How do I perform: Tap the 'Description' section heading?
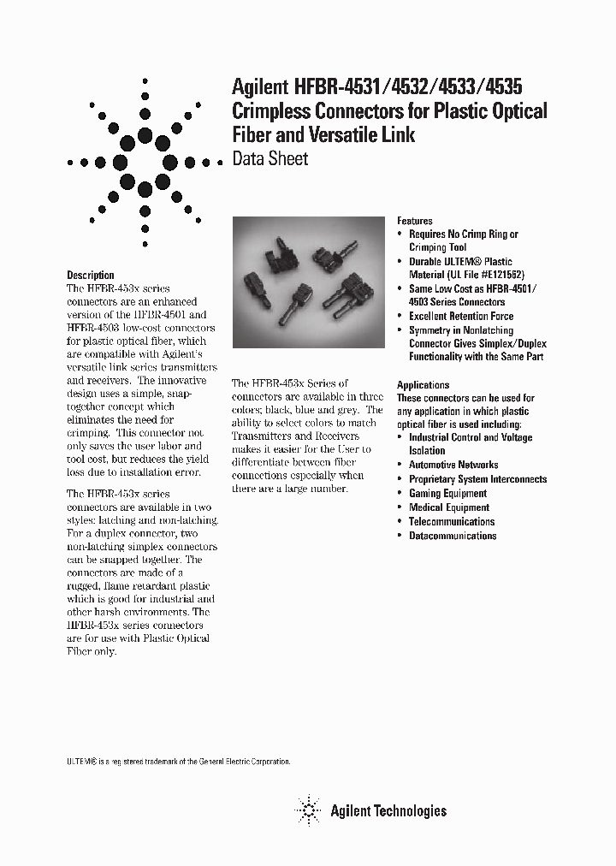point(91,275)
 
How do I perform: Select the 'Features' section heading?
point(415,220)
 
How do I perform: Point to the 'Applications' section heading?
point(423,385)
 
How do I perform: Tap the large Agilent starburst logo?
point(145,163)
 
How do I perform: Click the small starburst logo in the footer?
point(307,810)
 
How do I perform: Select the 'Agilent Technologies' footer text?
point(388,810)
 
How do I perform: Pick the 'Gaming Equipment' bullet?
point(447,493)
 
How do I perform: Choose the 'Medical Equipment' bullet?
point(449,507)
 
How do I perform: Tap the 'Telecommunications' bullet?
point(452,521)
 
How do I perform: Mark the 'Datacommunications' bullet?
point(453,536)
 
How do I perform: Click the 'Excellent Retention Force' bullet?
point(461,316)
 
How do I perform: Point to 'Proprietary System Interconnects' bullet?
point(477,479)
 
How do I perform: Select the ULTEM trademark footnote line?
point(179,761)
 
